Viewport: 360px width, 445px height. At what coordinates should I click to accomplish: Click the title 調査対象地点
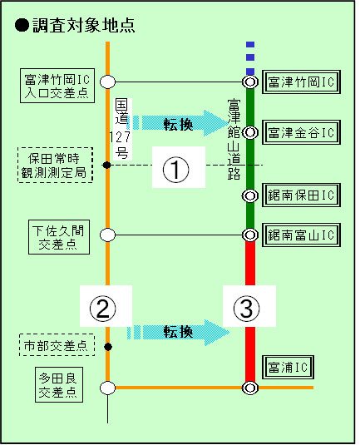coord(84,26)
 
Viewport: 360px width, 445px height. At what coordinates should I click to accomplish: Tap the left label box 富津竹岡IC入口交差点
coord(57,86)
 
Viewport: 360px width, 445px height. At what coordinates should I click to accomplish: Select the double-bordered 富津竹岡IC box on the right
coord(301,82)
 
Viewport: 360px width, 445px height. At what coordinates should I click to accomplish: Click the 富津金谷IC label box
coord(301,132)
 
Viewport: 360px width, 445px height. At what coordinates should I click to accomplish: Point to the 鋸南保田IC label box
coord(301,195)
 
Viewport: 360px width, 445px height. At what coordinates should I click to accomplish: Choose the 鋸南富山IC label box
coord(301,235)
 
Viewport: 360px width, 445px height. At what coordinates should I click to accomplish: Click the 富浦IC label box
coord(288,367)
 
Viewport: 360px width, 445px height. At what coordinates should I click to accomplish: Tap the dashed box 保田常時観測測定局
coord(56,165)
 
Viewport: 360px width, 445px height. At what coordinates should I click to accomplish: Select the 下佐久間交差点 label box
coord(59,237)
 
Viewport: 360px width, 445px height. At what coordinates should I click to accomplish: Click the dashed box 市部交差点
coord(57,345)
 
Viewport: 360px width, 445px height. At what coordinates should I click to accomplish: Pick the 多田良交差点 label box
coord(59,385)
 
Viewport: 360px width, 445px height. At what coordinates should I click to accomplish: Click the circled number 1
coord(176,170)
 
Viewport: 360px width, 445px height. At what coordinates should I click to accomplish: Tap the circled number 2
coord(103,309)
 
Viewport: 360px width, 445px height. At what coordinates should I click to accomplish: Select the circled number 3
coord(247,309)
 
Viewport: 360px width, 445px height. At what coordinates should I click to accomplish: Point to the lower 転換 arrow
coord(178,333)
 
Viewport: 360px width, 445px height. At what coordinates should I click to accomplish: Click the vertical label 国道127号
coord(122,129)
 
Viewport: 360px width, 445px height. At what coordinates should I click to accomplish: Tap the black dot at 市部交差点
coord(108,347)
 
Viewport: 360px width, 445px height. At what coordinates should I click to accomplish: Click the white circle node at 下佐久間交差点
coord(108,235)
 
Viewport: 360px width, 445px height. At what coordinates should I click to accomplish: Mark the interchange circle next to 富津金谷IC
coord(250,132)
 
